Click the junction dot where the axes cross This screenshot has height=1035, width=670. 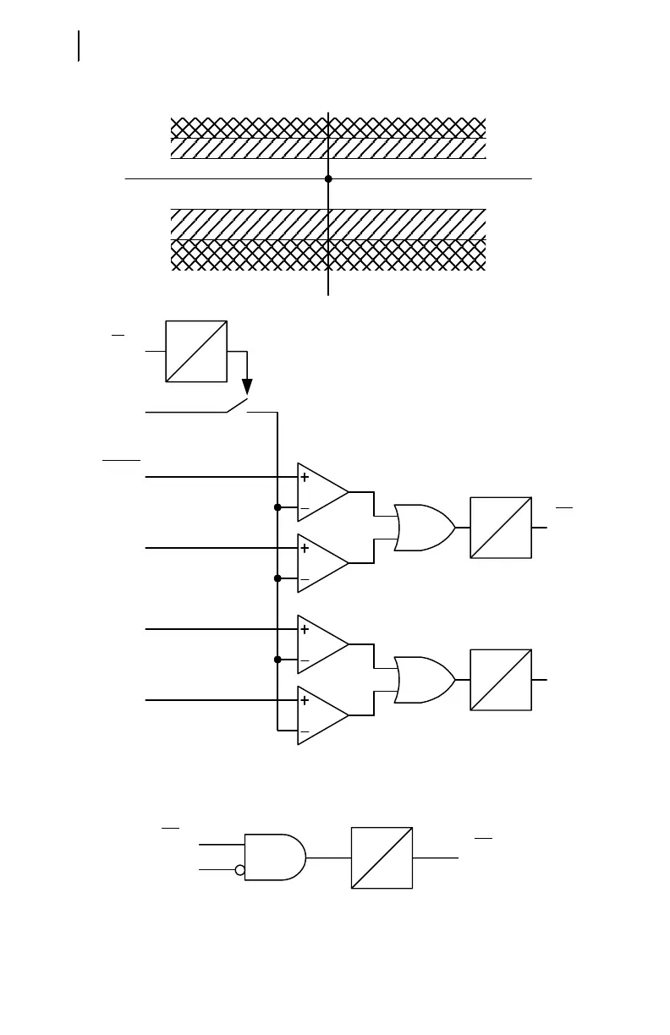pyautogui.click(x=328, y=179)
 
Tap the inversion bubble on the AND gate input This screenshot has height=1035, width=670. pyautogui.click(x=240, y=869)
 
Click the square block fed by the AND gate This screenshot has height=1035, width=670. pyautogui.click(x=382, y=857)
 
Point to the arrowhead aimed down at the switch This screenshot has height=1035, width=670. pyautogui.click(x=248, y=388)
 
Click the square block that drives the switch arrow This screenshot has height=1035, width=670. pyautogui.click(x=197, y=351)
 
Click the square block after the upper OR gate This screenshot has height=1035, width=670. pyautogui.click(x=501, y=527)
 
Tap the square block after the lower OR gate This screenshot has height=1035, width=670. pyautogui.click(x=501, y=680)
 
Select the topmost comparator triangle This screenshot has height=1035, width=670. pyautogui.click(x=322, y=492)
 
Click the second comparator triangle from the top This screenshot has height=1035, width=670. pyautogui.click(x=322, y=563)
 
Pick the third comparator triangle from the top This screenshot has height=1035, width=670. pyautogui.click(x=322, y=644)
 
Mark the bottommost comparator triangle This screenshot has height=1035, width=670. pyautogui.click(x=322, y=715)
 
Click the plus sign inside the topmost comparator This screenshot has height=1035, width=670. pyautogui.click(x=305, y=478)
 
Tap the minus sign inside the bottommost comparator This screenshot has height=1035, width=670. pyautogui.click(x=305, y=731)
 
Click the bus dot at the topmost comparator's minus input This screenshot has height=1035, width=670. pyautogui.click(x=277, y=507)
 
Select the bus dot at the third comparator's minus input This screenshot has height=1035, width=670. pyautogui.click(x=277, y=660)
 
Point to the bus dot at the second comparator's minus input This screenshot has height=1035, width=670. pyautogui.click(x=277, y=578)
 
